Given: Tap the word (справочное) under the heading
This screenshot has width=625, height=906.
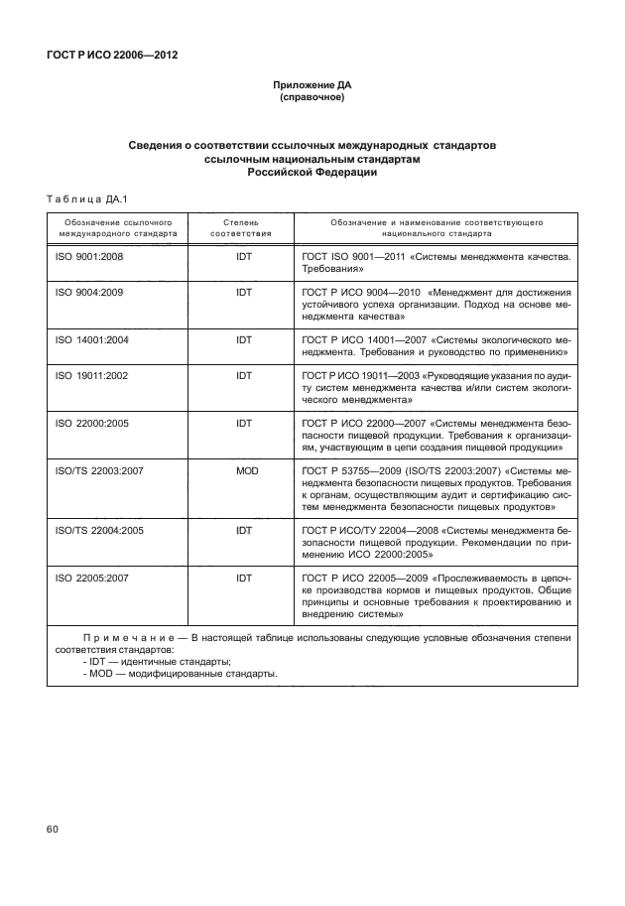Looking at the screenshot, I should [x=312, y=99].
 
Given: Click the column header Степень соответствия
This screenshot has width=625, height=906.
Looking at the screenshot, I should [x=242, y=230].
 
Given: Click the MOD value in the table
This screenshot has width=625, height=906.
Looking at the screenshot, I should [x=243, y=469].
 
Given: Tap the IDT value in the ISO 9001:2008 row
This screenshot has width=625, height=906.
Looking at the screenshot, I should [x=243, y=256].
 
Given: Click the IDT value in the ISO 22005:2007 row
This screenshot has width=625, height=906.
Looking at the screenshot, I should [x=243, y=577].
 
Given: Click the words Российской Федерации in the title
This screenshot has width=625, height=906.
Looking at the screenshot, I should [x=312, y=171].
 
